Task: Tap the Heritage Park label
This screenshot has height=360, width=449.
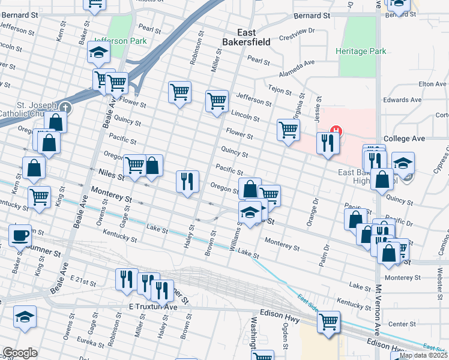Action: point(361,52)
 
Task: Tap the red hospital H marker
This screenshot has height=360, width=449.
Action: point(337,129)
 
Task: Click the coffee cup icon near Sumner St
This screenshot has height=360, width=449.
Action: point(20,235)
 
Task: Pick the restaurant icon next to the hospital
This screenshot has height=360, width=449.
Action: point(327,142)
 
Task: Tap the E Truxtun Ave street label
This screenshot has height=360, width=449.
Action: point(153,307)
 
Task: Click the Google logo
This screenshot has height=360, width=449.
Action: point(20,353)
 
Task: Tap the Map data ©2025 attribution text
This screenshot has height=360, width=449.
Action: point(423,355)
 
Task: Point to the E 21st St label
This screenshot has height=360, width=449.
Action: point(83,280)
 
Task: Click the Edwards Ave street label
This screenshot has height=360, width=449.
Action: point(402,100)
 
